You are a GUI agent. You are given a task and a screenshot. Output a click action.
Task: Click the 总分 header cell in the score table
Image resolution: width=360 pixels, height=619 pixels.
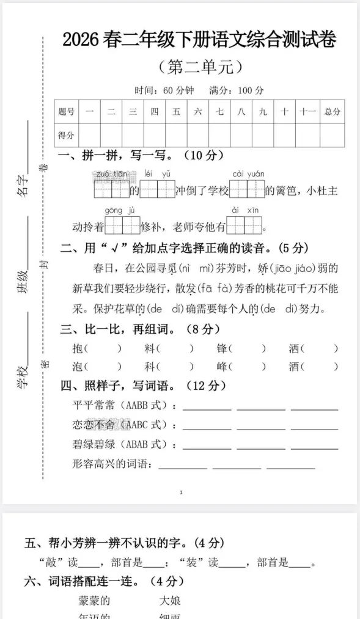[x=332, y=112]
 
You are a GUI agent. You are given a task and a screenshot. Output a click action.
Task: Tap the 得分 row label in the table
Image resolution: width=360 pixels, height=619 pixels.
[x=66, y=135]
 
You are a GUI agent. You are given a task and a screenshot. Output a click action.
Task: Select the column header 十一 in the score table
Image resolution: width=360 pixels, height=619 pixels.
[x=307, y=112]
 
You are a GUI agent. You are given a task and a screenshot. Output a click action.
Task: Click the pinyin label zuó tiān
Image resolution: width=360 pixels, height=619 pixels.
[x=111, y=174]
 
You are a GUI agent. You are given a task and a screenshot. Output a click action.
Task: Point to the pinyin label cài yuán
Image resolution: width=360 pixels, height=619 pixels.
[x=248, y=174]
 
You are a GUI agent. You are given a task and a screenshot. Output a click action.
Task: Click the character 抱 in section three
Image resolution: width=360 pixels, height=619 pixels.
[x=77, y=349]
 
